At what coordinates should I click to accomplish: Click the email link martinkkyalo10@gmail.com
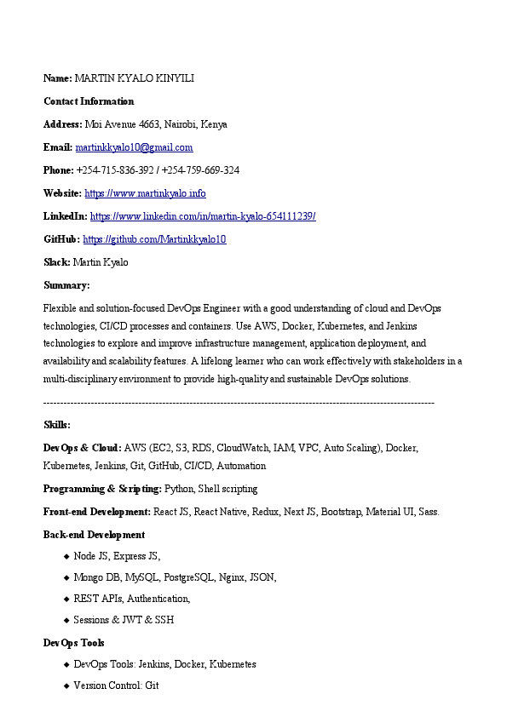(x=134, y=147)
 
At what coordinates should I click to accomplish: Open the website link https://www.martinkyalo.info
(x=145, y=193)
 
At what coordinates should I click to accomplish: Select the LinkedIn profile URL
(x=203, y=216)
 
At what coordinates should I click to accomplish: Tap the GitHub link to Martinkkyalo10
(x=154, y=239)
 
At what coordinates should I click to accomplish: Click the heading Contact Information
(x=89, y=101)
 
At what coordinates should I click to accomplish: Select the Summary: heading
(x=66, y=285)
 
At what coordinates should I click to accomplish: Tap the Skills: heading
(x=57, y=424)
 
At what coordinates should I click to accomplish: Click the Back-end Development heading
(x=94, y=535)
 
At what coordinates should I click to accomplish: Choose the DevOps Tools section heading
(x=73, y=643)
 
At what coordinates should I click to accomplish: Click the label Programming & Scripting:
(x=102, y=489)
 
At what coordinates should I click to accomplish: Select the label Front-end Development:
(x=97, y=512)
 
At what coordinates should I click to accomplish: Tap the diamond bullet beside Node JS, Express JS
(x=66, y=556)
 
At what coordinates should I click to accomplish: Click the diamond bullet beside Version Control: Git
(x=66, y=685)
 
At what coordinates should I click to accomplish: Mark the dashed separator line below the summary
(x=239, y=402)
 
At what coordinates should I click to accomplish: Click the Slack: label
(x=57, y=262)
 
